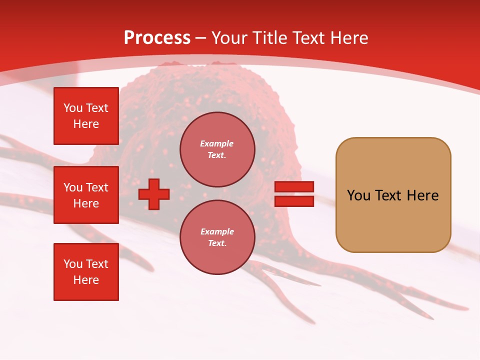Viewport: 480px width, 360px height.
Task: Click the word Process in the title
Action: pos(157,38)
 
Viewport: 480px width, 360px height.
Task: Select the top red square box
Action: pos(86,116)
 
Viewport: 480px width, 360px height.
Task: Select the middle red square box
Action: pos(86,195)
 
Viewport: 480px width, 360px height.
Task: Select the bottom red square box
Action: pos(86,272)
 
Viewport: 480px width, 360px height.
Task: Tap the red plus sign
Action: pos(154,194)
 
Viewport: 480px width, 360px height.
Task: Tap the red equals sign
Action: pos(294,194)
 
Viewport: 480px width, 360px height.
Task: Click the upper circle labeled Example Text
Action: pos(217,149)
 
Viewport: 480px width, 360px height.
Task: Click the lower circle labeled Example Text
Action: pos(217,237)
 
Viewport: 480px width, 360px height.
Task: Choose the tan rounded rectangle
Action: pos(393,195)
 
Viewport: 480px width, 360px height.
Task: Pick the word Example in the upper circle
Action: pos(217,144)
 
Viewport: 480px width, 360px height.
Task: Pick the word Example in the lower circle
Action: pos(217,232)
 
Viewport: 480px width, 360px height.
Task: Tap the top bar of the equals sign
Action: pos(294,186)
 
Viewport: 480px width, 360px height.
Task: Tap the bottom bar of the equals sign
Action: pos(294,201)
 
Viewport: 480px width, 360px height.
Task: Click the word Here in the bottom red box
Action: pos(86,280)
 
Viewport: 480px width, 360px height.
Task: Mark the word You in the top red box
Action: pos(73,108)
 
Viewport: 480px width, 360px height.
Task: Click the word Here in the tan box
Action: pos(422,195)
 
